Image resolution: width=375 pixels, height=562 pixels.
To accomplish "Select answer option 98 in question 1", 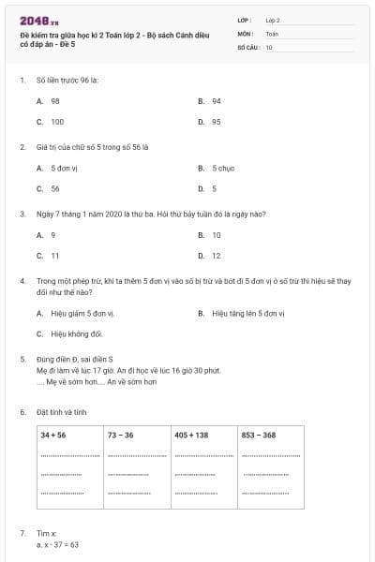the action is (x=55, y=100).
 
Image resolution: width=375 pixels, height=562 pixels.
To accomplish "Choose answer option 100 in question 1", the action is (x=57, y=122).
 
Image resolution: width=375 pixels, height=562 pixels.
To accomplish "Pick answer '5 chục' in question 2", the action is (x=222, y=168).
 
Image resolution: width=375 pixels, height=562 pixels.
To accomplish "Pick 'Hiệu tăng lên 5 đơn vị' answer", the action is (x=247, y=313).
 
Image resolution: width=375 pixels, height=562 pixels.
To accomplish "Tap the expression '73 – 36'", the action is (x=120, y=436).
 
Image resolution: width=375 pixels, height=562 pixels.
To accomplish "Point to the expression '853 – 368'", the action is (x=259, y=436).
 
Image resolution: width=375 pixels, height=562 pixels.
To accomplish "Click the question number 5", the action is (x=22, y=359).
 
